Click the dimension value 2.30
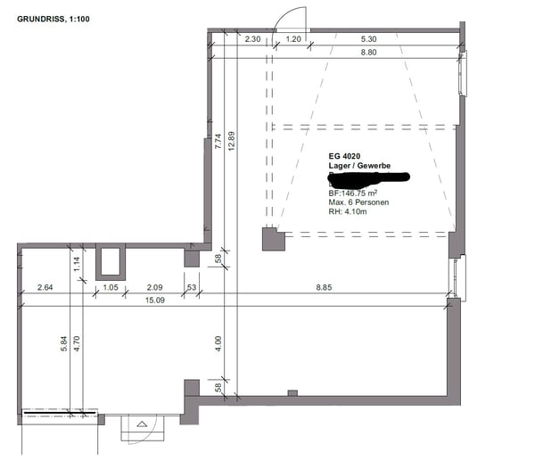tap(252, 39)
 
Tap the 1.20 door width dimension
tap(292, 39)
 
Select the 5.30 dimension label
tap(369, 39)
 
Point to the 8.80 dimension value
tap(369, 53)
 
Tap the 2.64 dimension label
tap(46, 287)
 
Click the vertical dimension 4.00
tap(218, 343)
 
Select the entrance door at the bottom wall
tap(142, 428)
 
